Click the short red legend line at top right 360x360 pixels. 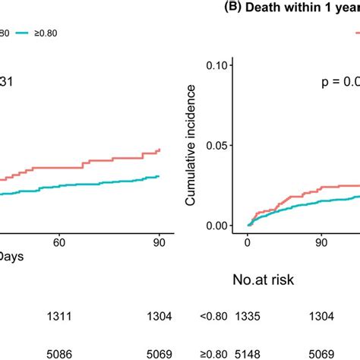point(355,33)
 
